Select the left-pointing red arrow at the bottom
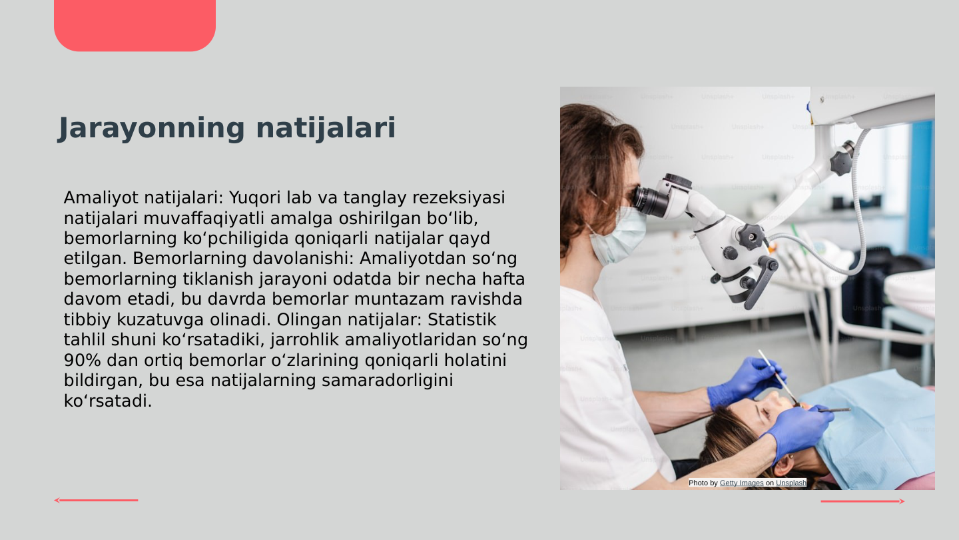pyautogui.click(x=96, y=500)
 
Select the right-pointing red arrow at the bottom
pyautogui.click(x=862, y=501)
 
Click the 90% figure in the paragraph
pyautogui.click(x=81, y=361)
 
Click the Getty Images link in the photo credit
pyautogui.click(x=741, y=483)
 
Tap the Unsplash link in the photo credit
pyautogui.click(x=791, y=483)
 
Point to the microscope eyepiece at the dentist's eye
pyautogui.click(x=649, y=200)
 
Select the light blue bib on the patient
pyautogui.click(x=879, y=427)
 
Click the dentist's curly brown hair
pyautogui.click(x=589, y=160)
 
